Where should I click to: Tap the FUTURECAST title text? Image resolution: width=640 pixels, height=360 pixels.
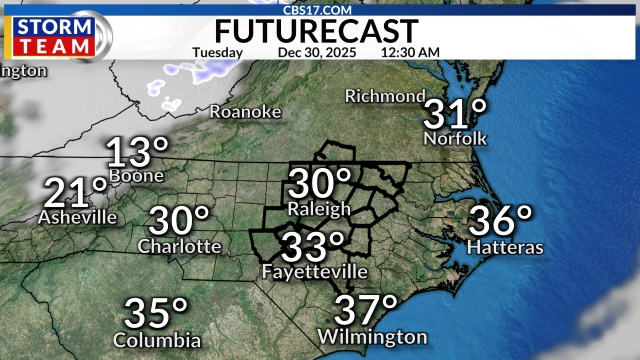point(319,29)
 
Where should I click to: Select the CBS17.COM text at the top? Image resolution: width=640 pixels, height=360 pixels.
point(319,9)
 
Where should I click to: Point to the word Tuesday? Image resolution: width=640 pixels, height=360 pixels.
point(216,52)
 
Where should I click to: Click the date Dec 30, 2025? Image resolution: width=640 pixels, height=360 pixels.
point(315,52)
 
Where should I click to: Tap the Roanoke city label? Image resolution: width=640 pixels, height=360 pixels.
point(245,113)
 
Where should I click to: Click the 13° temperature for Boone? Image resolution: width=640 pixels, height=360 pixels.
point(137,153)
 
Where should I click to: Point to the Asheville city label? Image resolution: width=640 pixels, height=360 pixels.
point(77,216)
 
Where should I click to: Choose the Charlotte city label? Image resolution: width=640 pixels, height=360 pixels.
point(180,246)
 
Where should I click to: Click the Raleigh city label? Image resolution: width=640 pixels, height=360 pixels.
point(319,209)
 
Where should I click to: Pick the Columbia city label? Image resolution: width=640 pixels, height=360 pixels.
point(157,340)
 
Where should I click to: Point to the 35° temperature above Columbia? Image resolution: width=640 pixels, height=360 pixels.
point(157,314)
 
